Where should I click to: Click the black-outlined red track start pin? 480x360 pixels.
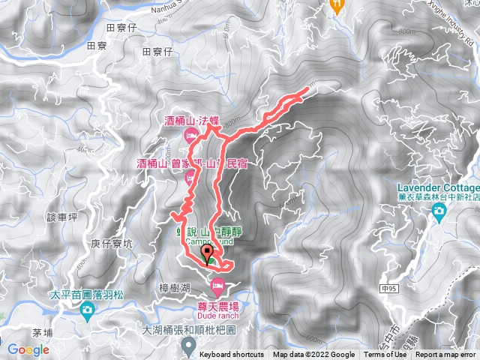click(207, 259)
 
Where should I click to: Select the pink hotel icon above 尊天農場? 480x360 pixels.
click(218, 284)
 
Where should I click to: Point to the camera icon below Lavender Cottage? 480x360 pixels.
click(439, 212)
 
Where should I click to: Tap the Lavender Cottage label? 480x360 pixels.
click(439, 187)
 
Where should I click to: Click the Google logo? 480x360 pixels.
click(28, 349)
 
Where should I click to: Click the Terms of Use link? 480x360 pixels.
click(380, 355)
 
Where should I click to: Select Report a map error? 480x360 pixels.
click(445, 355)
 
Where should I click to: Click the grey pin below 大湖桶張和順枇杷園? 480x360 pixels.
click(188, 345)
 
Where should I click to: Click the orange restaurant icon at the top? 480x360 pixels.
click(337, 4)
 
